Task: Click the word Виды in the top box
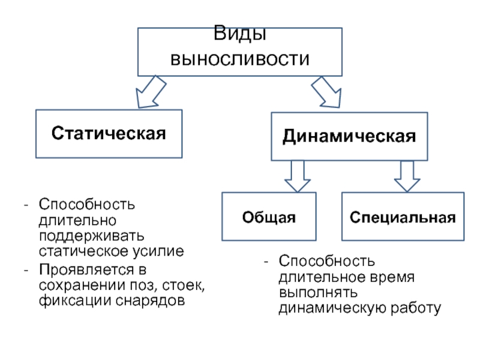[x=239, y=33]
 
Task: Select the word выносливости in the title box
[x=239, y=59]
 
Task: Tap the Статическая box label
[x=109, y=133]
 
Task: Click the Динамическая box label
[x=349, y=136]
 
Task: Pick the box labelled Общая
[x=269, y=217]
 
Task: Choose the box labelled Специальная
[x=403, y=217]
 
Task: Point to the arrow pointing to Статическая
[x=151, y=92]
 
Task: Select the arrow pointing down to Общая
[x=298, y=177]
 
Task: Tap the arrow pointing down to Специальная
[x=407, y=177]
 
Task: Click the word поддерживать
[x=92, y=236]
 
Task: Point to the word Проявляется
[x=87, y=269]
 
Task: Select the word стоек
[x=184, y=286]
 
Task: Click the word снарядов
[x=151, y=301]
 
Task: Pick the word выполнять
[x=318, y=293]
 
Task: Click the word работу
[x=416, y=308]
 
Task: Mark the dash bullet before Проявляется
[x=26, y=271]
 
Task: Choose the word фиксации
[x=75, y=301]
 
